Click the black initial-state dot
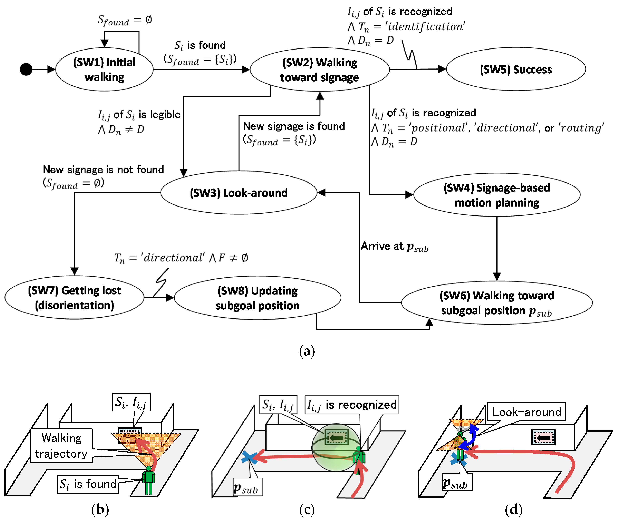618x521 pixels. [26, 69]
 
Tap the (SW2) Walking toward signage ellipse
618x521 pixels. [320, 70]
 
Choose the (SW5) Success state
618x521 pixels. [516, 69]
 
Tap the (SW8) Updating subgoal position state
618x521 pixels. [257, 298]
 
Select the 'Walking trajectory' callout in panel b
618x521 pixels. [61, 446]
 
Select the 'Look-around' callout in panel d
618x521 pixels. [526, 412]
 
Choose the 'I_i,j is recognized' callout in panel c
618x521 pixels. [352, 405]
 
